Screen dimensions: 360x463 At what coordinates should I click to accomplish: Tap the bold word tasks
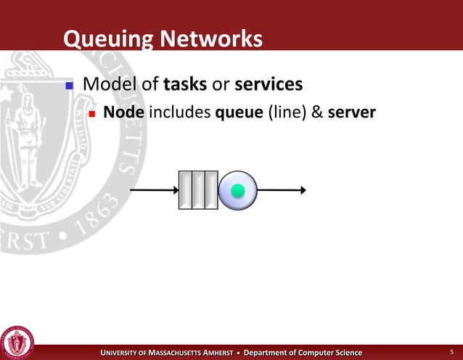tap(186, 85)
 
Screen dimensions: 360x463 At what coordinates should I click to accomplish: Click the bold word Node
tap(123, 113)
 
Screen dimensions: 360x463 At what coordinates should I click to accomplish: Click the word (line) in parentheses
tap(287, 114)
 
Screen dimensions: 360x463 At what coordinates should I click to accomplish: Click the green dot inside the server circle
tap(237, 190)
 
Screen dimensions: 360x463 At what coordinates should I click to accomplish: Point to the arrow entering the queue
tap(154, 190)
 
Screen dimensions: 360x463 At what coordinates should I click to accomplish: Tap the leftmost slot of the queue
tap(185, 190)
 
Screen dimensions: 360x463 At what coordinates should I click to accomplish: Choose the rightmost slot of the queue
tap(211, 190)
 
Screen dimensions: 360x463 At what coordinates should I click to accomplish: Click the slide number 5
tap(451, 352)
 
